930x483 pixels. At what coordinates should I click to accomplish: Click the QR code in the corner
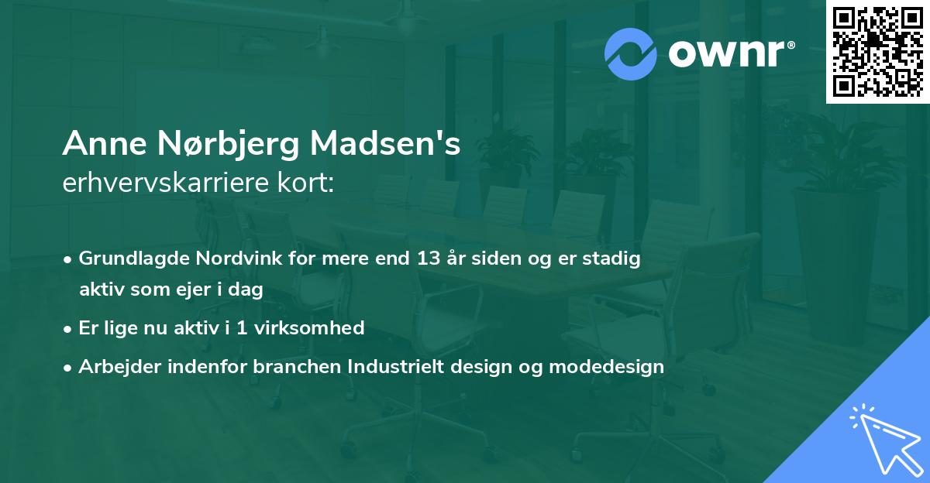(x=877, y=52)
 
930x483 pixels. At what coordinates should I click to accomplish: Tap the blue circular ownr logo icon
(x=631, y=54)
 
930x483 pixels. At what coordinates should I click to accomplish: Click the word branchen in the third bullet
(x=287, y=367)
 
